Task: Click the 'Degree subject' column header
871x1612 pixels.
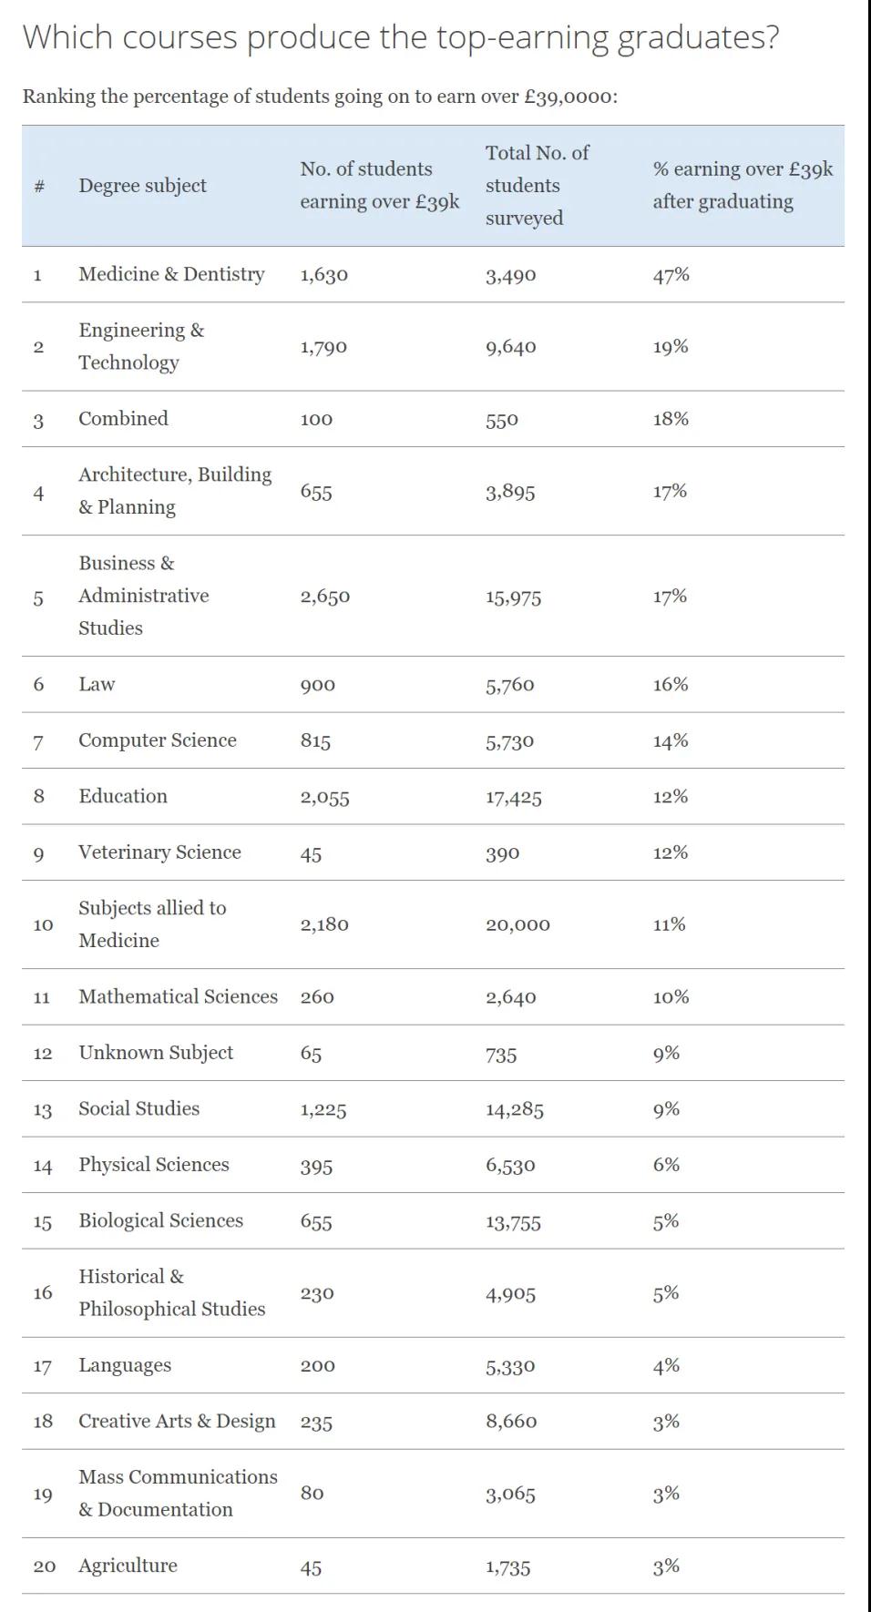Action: tap(142, 186)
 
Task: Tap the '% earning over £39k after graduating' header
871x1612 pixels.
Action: tap(742, 185)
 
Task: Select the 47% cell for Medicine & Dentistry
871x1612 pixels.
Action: tap(671, 275)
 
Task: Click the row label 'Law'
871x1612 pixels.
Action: tap(97, 685)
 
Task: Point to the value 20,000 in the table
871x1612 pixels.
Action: tap(517, 925)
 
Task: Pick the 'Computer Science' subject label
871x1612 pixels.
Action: tap(157, 740)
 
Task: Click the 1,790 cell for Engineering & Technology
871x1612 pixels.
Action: tap(323, 347)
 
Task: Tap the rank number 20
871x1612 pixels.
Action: tap(44, 1566)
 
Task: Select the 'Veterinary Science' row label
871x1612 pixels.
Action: tap(159, 852)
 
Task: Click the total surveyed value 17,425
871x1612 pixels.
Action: tap(513, 798)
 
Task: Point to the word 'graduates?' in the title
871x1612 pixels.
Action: tap(698, 37)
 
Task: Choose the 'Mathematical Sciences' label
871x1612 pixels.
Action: tap(178, 997)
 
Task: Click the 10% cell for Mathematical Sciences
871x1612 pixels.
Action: tap(671, 997)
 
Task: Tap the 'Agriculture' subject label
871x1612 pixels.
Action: tap(128, 1566)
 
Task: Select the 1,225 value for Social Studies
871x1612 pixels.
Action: tap(323, 1109)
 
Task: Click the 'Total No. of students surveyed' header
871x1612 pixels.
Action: tap(537, 185)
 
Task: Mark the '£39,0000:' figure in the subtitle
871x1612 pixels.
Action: tap(570, 97)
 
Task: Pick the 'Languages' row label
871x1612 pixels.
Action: tap(125, 1365)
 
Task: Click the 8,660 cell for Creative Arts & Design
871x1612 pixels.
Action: tap(511, 1422)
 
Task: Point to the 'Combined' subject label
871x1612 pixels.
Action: tap(123, 419)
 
